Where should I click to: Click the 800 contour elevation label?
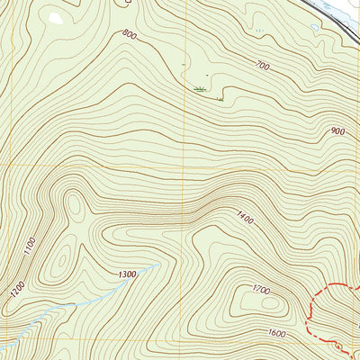click(129, 36)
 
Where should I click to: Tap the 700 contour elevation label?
click(263, 66)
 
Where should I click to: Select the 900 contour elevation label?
click(337, 131)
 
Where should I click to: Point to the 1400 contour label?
click(245, 218)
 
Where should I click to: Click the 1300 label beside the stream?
click(127, 274)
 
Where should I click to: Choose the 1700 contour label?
click(262, 290)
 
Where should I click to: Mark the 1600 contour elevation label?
click(276, 333)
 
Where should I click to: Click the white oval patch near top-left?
click(55, 17)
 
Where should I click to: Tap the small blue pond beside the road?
click(314, 27)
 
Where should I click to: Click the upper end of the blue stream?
click(158, 265)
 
